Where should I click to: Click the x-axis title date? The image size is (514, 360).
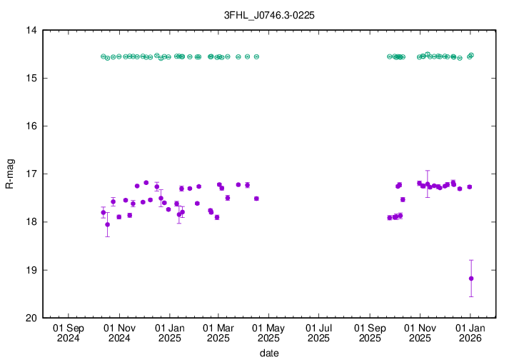[269, 353]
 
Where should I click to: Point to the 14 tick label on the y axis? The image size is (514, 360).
[31, 31]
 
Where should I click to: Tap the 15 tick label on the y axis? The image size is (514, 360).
[31, 79]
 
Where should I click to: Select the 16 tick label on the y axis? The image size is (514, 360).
[31, 126]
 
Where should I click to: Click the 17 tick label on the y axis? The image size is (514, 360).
[31, 174]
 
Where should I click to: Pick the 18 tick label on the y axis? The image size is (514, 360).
[31, 222]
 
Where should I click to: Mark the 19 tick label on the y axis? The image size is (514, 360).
[31, 270]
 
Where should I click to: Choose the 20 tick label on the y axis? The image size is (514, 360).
[31, 318]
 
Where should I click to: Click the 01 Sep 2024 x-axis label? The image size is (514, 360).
[69, 333]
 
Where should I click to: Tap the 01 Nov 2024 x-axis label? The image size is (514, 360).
[119, 333]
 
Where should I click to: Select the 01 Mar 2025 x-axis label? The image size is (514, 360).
[218, 333]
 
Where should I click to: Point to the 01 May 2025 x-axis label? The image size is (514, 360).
[268, 333]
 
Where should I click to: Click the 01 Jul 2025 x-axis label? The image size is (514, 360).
[318, 333]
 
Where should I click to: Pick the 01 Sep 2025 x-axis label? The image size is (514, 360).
[369, 333]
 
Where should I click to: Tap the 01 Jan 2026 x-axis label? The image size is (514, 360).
[470, 333]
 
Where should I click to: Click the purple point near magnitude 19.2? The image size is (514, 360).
[471, 279]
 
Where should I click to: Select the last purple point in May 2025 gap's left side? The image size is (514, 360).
[256, 199]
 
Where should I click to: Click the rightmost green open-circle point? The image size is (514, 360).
[472, 55]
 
